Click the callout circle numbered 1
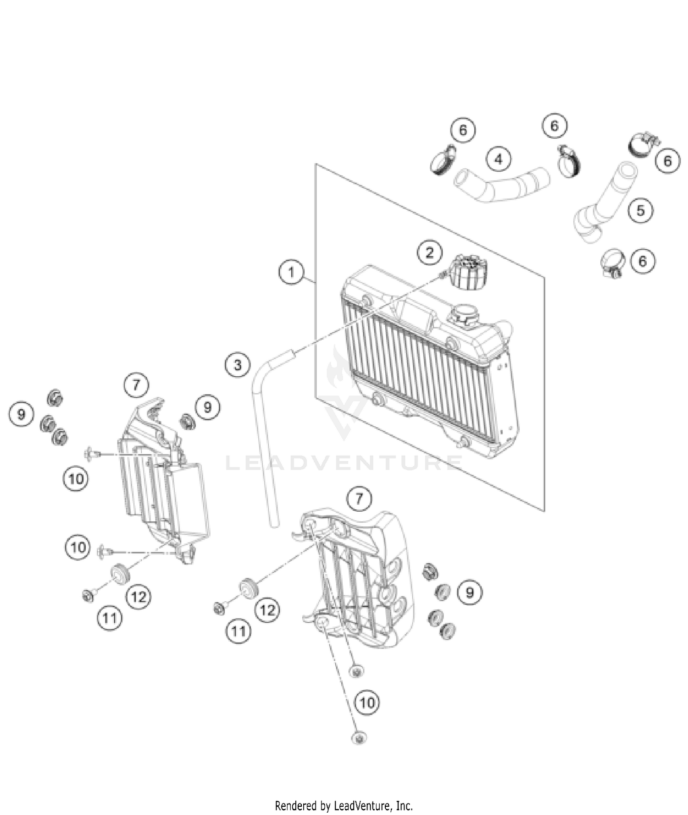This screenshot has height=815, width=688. tap(291, 272)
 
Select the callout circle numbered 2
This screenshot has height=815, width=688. tap(429, 252)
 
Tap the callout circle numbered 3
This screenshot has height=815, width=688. tap(238, 365)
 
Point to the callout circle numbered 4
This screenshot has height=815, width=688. tap(499, 159)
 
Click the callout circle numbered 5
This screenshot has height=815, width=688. tap(640, 211)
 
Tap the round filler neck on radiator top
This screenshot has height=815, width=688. tap(464, 315)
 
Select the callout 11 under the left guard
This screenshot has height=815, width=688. tap(110, 619)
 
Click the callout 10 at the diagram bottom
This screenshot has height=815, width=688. tap(367, 703)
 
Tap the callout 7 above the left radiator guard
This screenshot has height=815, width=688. tap(136, 385)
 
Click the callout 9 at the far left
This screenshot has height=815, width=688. tap(21, 415)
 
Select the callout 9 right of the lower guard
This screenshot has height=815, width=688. tap(470, 592)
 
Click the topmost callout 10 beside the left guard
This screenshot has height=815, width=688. tap(76, 479)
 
